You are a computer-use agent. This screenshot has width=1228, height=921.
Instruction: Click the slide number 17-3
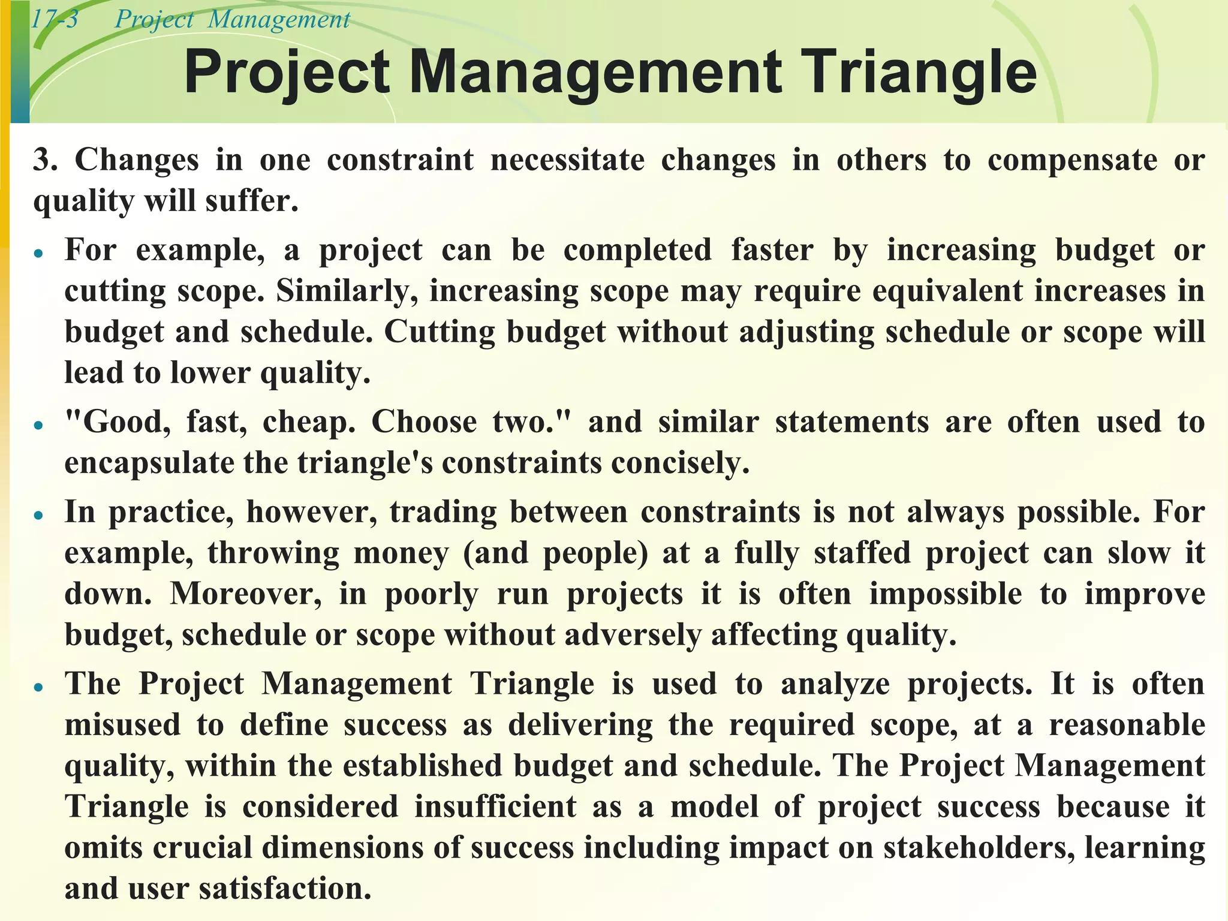(x=54, y=20)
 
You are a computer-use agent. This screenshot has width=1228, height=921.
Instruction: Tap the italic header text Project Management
(x=232, y=20)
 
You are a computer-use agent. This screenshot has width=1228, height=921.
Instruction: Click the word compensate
(x=1072, y=160)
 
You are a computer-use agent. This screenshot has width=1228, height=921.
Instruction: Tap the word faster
(x=772, y=250)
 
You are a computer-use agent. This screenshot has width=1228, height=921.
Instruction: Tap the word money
(x=401, y=553)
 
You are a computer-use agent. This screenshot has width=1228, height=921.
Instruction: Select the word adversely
(x=632, y=635)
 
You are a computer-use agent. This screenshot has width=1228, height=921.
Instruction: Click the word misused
(x=122, y=725)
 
